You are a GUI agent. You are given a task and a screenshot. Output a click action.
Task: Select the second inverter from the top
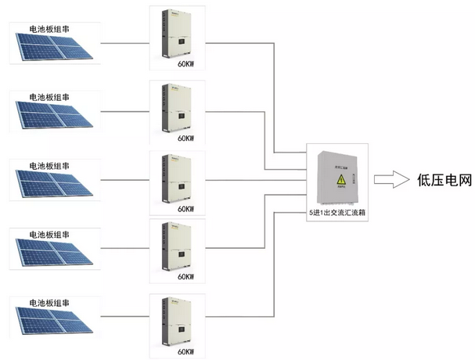click(x=177, y=105)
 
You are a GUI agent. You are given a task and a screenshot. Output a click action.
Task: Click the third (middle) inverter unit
click(x=177, y=176)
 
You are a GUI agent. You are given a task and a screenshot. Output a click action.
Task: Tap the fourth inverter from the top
click(x=177, y=244)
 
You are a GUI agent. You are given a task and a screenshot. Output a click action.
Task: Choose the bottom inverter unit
click(x=177, y=317)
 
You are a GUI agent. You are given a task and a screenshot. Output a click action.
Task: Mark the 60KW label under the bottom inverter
click(x=185, y=351)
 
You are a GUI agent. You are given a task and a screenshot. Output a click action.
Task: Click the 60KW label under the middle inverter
click(x=185, y=209)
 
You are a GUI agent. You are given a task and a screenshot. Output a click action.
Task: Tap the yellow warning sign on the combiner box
click(x=341, y=182)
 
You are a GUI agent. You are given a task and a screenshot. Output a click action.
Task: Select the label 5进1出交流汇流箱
click(x=337, y=212)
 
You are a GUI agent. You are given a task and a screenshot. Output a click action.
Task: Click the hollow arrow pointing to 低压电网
click(x=390, y=179)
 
